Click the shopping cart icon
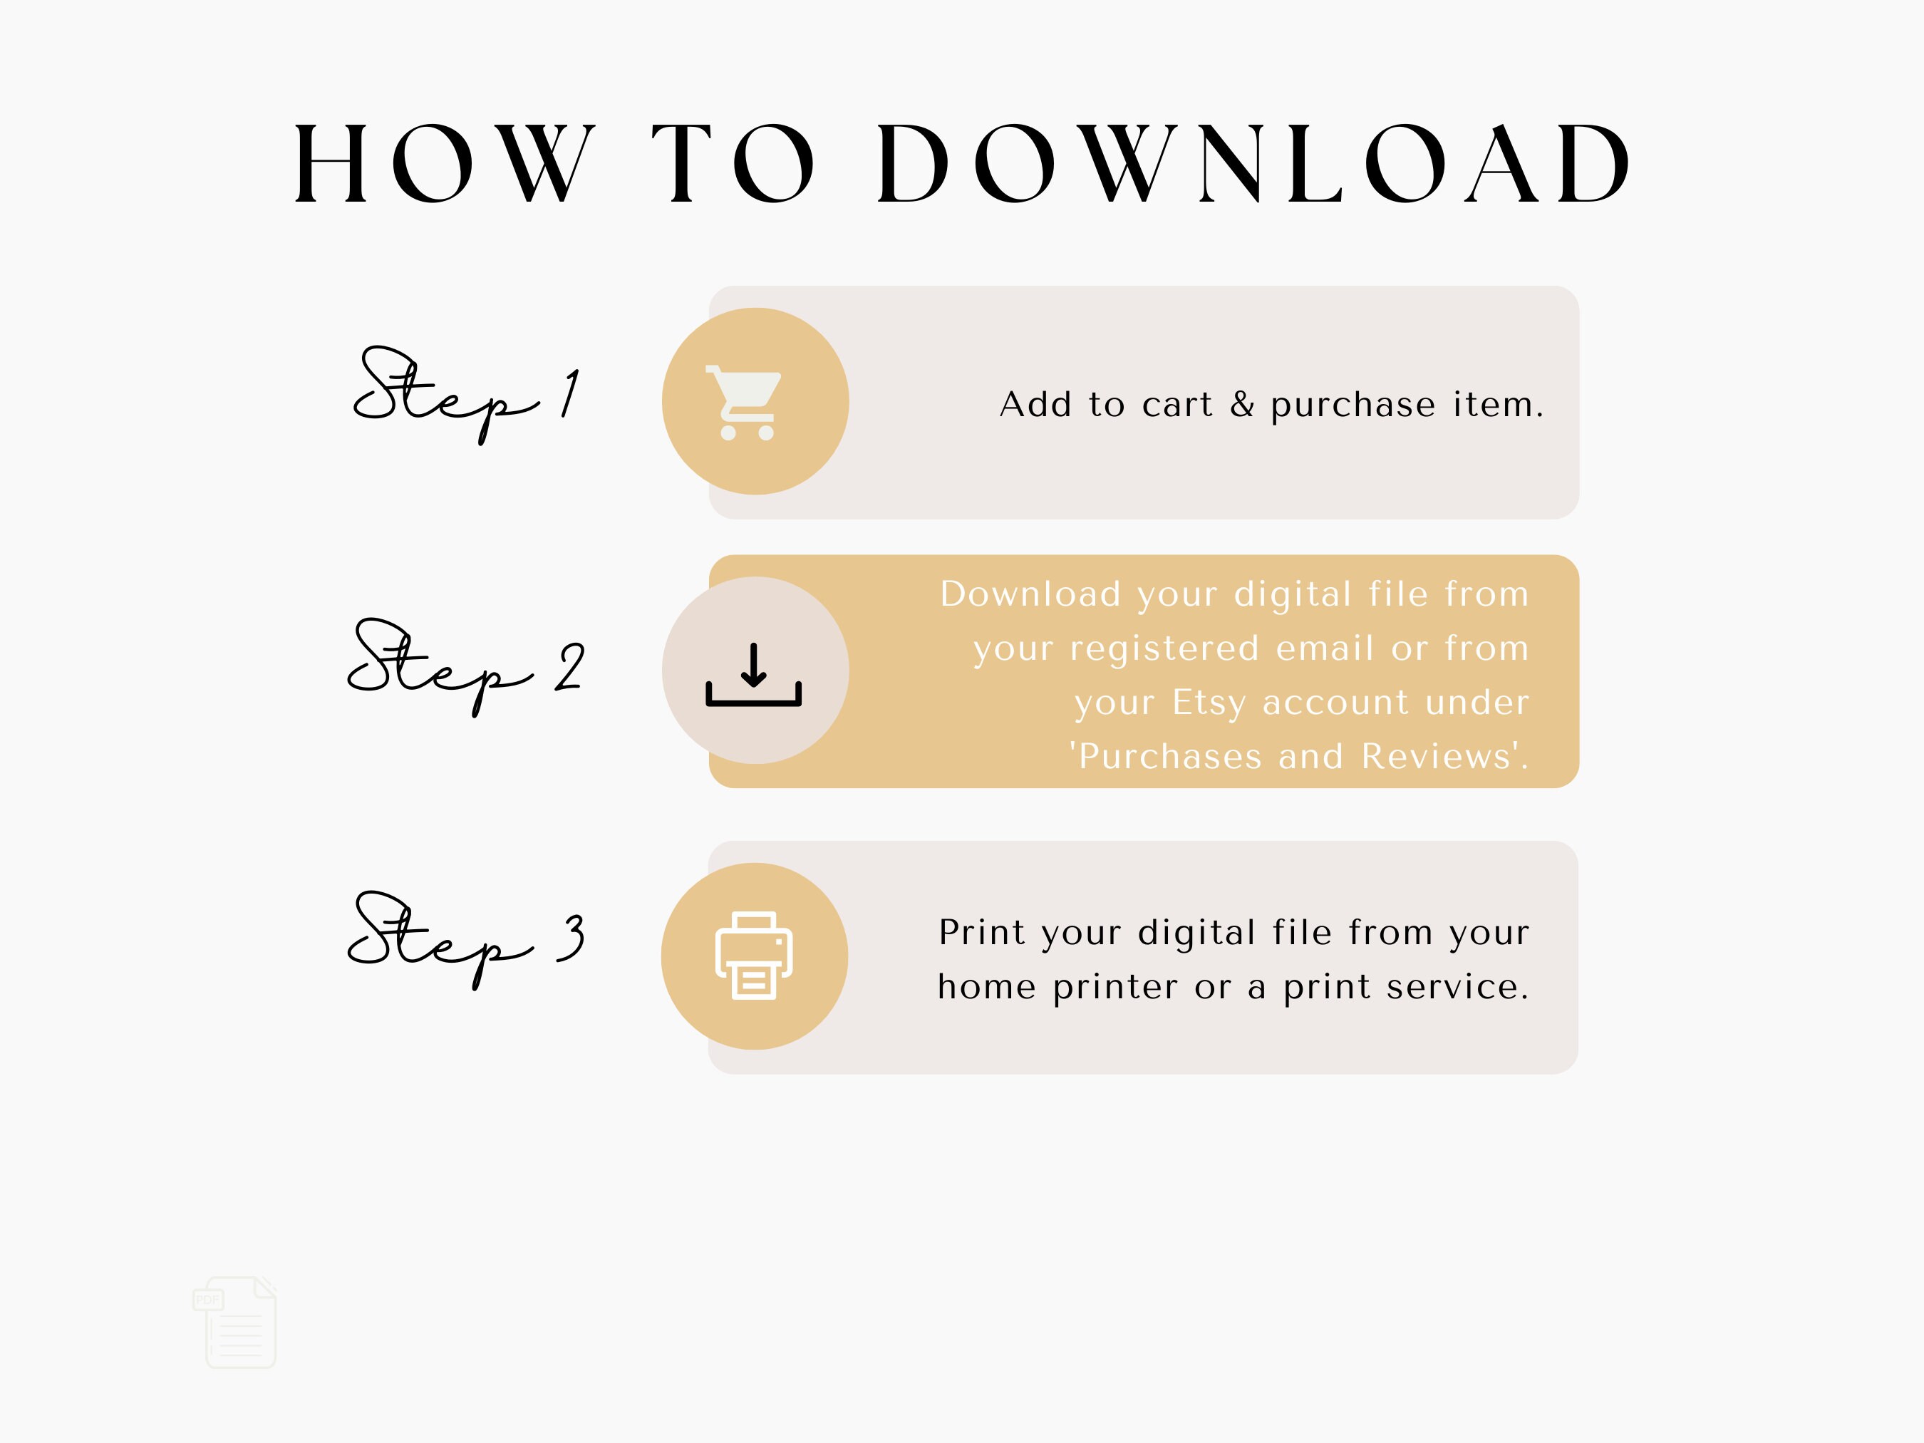pyautogui.click(x=746, y=402)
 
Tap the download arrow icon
pyautogui.click(x=753, y=674)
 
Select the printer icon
pyautogui.click(x=753, y=955)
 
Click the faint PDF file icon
pyautogui.click(x=236, y=1322)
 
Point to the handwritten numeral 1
pyautogui.click(x=570, y=394)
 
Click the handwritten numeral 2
pyautogui.click(x=570, y=668)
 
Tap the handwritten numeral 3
pyautogui.click(x=571, y=939)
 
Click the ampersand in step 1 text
pyautogui.click(x=1242, y=405)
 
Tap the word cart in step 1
pyautogui.click(x=1176, y=405)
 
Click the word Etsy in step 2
pyautogui.click(x=1209, y=703)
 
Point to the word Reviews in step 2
pyautogui.click(x=1435, y=757)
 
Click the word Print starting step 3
pyautogui.click(x=982, y=932)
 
